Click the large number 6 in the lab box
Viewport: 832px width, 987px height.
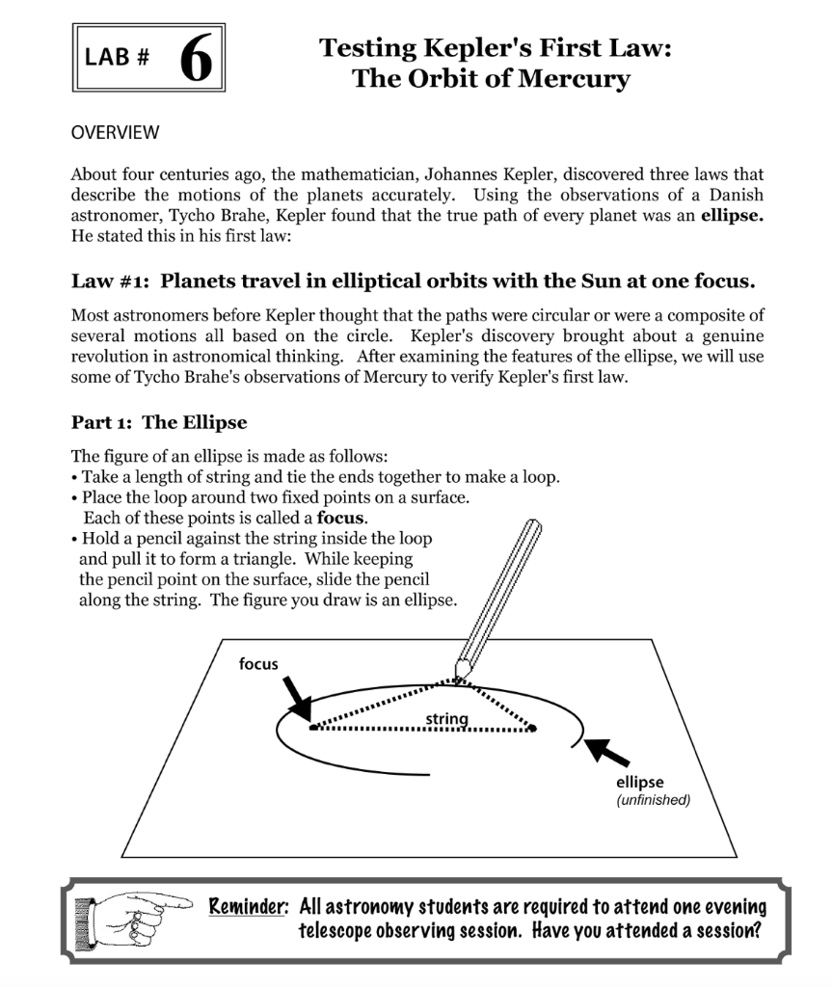click(196, 58)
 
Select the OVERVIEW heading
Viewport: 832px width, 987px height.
click(115, 132)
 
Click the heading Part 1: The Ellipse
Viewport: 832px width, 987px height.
click(159, 422)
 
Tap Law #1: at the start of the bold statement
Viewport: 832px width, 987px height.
click(112, 281)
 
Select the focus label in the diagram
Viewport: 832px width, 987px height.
click(258, 664)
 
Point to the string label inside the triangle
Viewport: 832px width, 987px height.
click(445, 719)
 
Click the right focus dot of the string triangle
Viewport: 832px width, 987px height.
click(532, 729)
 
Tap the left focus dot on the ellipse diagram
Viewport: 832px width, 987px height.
click(313, 729)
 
